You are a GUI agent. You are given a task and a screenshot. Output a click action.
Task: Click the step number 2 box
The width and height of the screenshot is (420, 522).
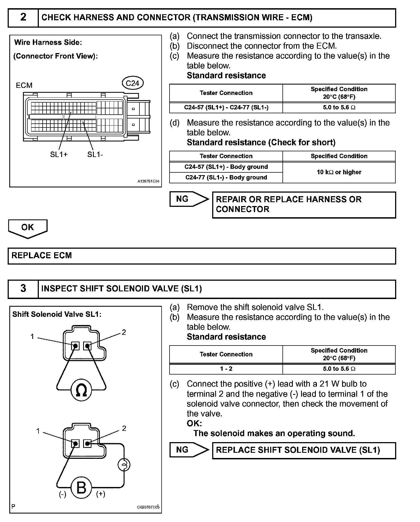coord(23,18)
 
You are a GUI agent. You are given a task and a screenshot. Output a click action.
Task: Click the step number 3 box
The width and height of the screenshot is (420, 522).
coord(23,289)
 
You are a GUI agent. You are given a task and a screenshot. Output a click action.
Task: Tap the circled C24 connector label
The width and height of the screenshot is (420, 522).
coord(133,83)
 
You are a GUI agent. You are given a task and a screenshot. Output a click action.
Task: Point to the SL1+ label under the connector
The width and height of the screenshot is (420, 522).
coord(59,155)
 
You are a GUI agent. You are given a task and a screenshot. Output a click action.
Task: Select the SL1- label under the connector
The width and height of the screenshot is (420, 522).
coord(95,155)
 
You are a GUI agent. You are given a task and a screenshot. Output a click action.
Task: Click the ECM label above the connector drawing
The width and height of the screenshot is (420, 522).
coord(24,85)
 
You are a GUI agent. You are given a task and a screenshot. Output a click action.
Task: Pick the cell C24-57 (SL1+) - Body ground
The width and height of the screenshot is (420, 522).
coord(226,167)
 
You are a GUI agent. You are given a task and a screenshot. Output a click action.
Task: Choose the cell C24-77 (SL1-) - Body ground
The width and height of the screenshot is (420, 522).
coord(226,178)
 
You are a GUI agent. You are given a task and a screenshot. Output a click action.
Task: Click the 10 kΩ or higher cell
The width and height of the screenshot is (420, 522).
coord(339,172)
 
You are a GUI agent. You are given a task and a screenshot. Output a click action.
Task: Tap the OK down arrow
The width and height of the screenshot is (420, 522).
coord(28,228)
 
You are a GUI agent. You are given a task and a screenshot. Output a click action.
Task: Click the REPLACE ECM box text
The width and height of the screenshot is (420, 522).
coord(42,256)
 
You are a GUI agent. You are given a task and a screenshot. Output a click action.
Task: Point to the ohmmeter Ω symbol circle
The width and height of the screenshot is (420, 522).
coord(81,390)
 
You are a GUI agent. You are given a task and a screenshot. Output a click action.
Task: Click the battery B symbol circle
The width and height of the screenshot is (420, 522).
coord(81,488)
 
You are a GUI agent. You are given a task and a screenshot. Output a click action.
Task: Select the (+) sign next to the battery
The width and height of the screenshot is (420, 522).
coord(101,494)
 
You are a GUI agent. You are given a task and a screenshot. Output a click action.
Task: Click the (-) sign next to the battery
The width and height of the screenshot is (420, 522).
coord(63,494)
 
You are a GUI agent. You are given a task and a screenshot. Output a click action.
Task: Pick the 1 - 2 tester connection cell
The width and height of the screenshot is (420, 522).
coord(226,369)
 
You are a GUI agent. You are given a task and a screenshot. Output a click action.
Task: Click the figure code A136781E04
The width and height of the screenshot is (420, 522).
coord(148,181)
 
